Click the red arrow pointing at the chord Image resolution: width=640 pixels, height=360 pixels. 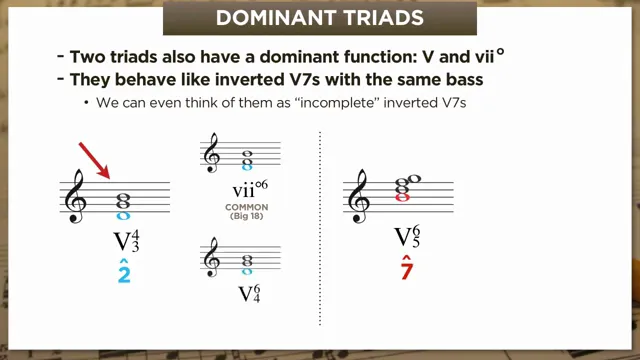(95, 160)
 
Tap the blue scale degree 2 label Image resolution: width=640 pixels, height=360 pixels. (124, 270)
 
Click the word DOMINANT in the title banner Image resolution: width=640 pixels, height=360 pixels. (276, 18)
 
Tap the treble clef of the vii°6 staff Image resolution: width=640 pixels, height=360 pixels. (212, 156)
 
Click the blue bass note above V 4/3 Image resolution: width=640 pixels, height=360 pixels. (124, 215)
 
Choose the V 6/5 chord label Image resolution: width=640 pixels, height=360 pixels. (406, 237)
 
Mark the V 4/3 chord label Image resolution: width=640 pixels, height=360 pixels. (125, 242)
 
